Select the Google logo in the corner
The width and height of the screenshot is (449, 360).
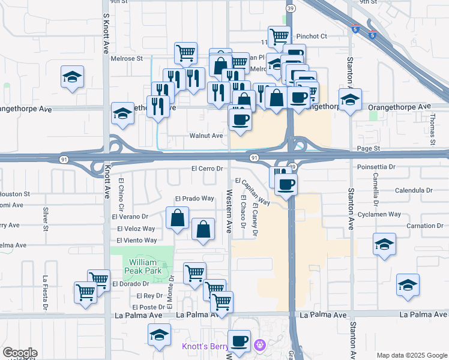(x=20, y=353)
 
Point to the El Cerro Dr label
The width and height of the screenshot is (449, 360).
(x=208, y=169)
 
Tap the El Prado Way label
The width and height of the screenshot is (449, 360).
(x=194, y=199)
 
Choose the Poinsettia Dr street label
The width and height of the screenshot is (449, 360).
(x=376, y=167)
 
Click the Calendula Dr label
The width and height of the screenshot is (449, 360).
(x=414, y=190)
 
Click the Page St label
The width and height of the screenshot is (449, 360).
(x=369, y=148)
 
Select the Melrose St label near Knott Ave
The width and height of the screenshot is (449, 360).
(x=127, y=59)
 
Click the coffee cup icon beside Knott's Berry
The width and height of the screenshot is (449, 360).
(x=240, y=341)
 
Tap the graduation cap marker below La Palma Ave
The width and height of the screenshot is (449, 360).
(x=160, y=335)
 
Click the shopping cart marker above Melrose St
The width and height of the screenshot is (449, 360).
(x=186, y=52)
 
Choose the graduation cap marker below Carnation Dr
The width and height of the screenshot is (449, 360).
(x=384, y=244)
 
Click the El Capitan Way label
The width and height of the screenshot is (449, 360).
(x=252, y=191)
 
